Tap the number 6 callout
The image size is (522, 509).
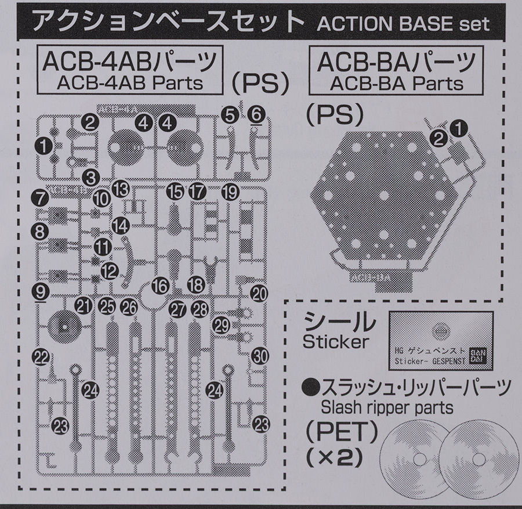(x=256, y=115)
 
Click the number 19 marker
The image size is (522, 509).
(x=230, y=192)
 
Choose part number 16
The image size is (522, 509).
(x=161, y=285)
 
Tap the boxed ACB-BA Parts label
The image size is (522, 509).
(x=392, y=71)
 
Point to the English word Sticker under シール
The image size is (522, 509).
(x=335, y=341)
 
